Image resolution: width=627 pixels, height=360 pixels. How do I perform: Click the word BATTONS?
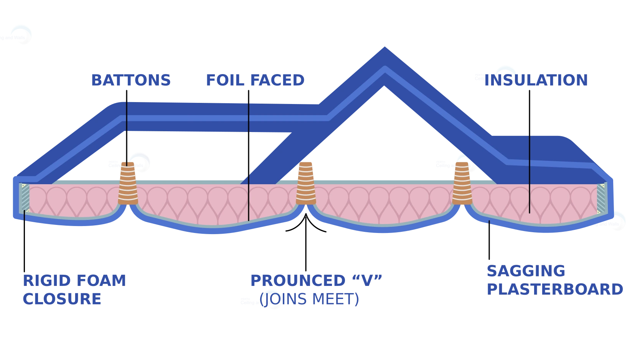[x=131, y=80]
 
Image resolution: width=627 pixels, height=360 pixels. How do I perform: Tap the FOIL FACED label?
[x=255, y=80]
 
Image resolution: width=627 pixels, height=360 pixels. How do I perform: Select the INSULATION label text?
[x=536, y=80]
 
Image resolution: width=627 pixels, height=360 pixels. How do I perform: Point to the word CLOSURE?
[x=62, y=299]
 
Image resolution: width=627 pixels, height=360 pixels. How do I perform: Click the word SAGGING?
[x=525, y=271]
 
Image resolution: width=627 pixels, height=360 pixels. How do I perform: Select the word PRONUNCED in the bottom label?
[x=297, y=281]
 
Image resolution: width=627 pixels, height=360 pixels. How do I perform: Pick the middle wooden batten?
[x=306, y=183]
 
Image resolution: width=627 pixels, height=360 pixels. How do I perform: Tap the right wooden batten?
[x=461, y=183]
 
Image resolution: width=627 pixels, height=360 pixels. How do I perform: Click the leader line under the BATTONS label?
[x=127, y=123]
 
